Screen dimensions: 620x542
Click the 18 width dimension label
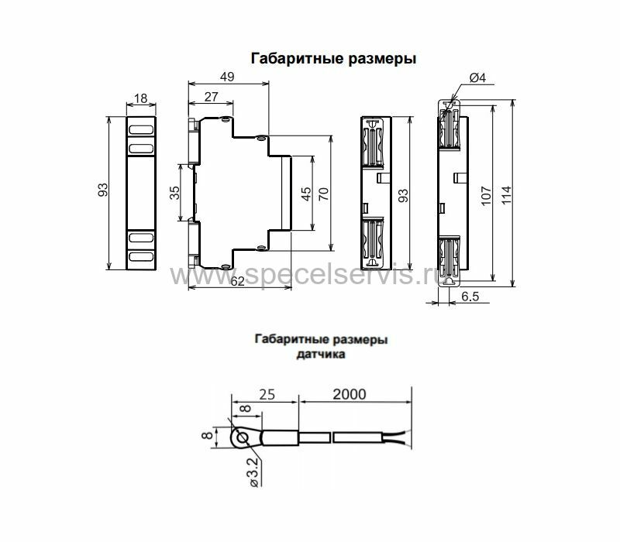(x=141, y=98)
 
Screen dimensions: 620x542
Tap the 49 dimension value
(x=227, y=77)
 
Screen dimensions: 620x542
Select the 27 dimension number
(x=211, y=97)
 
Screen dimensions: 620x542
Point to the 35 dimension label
(x=174, y=192)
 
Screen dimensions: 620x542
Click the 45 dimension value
(x=306, y=194)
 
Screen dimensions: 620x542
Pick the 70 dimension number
(x=323, y=194)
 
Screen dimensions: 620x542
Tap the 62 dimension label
(x=237, y=281)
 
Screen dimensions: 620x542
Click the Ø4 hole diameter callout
(x=477, y=78)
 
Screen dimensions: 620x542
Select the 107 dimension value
(x=486, y=196)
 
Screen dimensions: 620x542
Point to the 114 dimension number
(x=506, y=195)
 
